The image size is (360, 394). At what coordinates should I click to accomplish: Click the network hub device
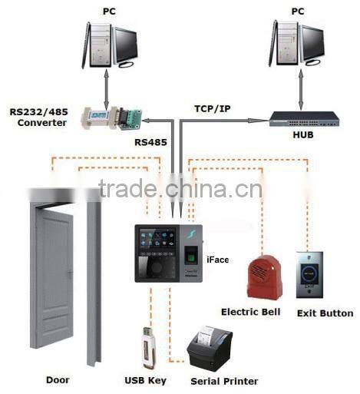[x=304, y=119]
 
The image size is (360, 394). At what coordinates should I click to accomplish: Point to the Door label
[x=58, y=379]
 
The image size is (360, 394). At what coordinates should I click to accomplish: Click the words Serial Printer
[x=224, y=381]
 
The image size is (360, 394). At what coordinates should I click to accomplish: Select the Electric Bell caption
[x=250, y=312]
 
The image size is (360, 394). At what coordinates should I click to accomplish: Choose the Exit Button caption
[x=325, y=313]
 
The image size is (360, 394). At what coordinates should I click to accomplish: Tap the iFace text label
[x=218, y=260]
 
